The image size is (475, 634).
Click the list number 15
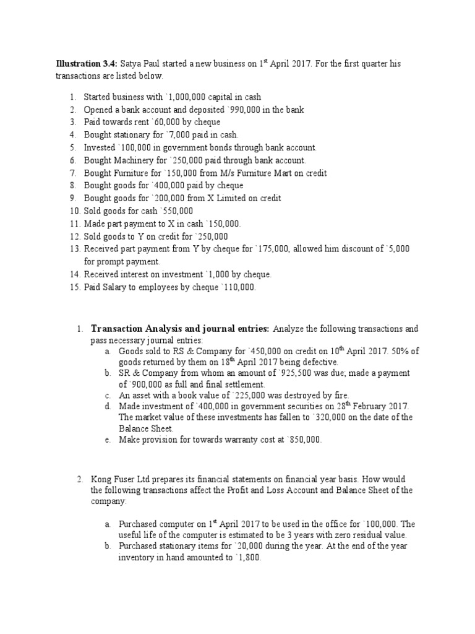[x=74, y=287]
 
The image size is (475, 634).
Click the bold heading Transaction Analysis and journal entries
[x=180, y=328]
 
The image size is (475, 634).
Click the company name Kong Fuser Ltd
[x=118, y=479]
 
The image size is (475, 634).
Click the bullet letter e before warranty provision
[x=108, y=440]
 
